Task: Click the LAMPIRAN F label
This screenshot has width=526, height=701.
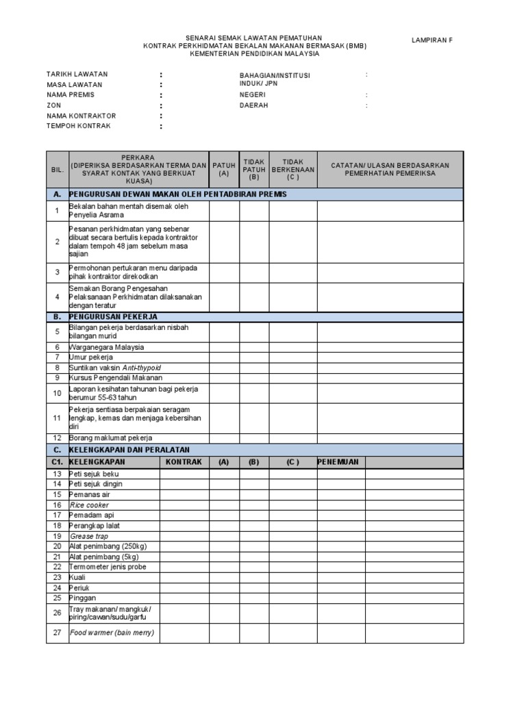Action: (x=431, y=40)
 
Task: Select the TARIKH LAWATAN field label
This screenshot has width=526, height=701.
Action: (x=77, y=74)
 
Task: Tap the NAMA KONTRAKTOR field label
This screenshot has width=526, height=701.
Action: (x=81, y=116)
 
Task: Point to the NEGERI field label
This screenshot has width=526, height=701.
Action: (x=252, y=95)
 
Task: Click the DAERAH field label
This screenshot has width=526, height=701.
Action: (x=253, y=106)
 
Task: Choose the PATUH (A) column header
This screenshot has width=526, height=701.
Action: (x=224, y=170)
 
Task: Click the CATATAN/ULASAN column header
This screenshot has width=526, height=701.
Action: (x=390, y=170)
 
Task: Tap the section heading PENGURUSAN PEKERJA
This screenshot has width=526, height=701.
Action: (x=114, y=317)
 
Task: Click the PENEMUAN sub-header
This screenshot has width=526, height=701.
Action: (x=338, y=462)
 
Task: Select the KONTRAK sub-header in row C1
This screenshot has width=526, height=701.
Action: (x=184, y=462)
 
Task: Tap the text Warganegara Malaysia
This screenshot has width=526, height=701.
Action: (x=106, y=347)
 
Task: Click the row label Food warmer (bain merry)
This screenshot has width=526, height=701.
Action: (x=112, y=633)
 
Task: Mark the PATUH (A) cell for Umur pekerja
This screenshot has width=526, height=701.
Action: (x=224, y=357)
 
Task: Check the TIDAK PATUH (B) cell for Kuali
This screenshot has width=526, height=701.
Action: (x=254, y=577)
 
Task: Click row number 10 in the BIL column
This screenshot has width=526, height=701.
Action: (x=58, y=393)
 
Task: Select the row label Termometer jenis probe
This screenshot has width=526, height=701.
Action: (x=108, y=567)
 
